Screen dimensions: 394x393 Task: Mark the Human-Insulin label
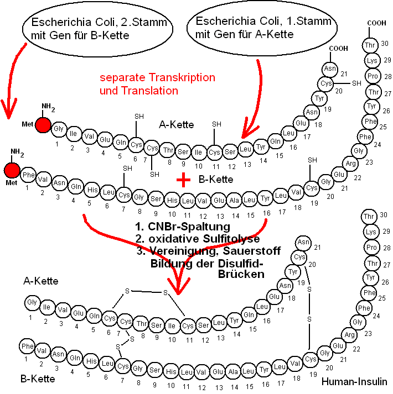pos(355,382)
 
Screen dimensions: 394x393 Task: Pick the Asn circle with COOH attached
pos(330,69)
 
